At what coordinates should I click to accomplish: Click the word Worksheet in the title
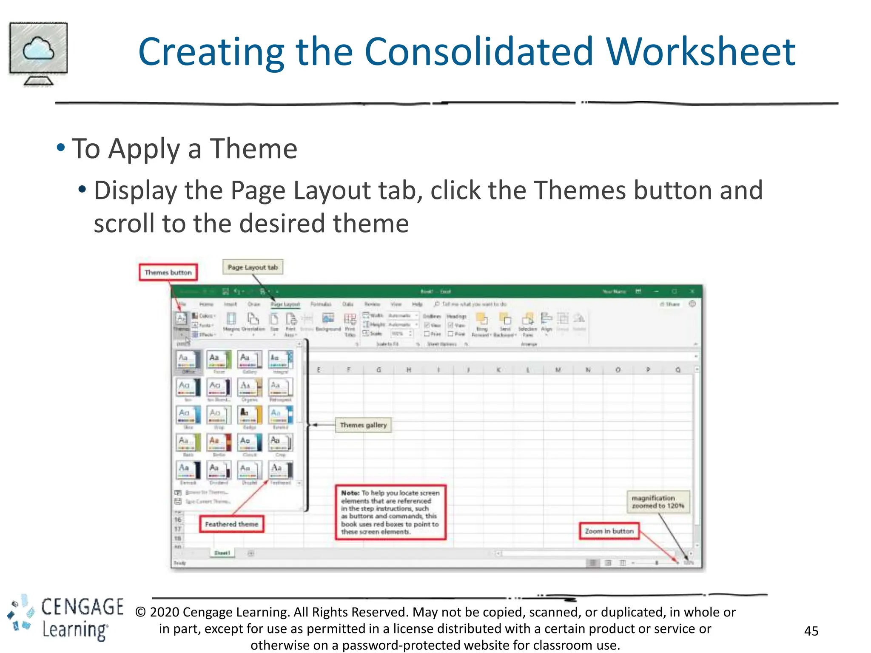coord(700,52)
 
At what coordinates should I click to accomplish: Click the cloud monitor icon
coord(38,54)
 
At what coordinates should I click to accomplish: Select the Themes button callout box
coord(168,273)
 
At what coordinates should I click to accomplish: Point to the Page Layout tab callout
coord(253,267)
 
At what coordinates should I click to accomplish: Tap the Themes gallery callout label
coord(363,425)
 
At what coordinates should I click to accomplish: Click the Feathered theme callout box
coord(231,524)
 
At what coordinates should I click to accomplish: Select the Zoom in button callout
coord(609,531)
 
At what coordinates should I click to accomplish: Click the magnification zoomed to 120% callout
coord(658,502)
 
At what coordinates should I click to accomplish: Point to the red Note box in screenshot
coord(390,512)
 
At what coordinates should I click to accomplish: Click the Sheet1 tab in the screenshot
coord(222,553)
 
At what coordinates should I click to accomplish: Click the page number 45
coord(811,631)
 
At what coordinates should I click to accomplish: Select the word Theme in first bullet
coord(253,149)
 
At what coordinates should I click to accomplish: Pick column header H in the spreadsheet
coord(408,370)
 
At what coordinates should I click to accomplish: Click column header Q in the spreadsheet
coord(678,370)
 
